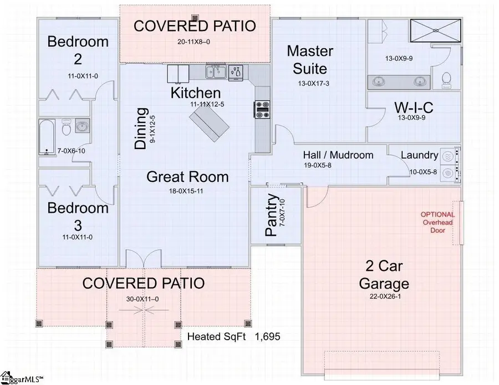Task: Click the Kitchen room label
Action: pyautogui.click(x=195, y=93)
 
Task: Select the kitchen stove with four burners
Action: pyautogui.click(x=261, y=109)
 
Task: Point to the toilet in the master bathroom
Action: pyautogui.click(x=446, y=80)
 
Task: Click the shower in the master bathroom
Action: pyautogui.click(x=436, y=27)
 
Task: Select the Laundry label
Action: pyautogui.click(x=420, y=155)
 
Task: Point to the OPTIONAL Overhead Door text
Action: pyautogui.click(x=437, y=222)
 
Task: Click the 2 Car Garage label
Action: pyautogui.click(x=384, y=274)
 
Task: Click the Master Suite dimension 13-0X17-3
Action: pyautogui.click(x=310, y=84)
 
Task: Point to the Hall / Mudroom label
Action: pyautogui.click(x=338, y=155)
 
